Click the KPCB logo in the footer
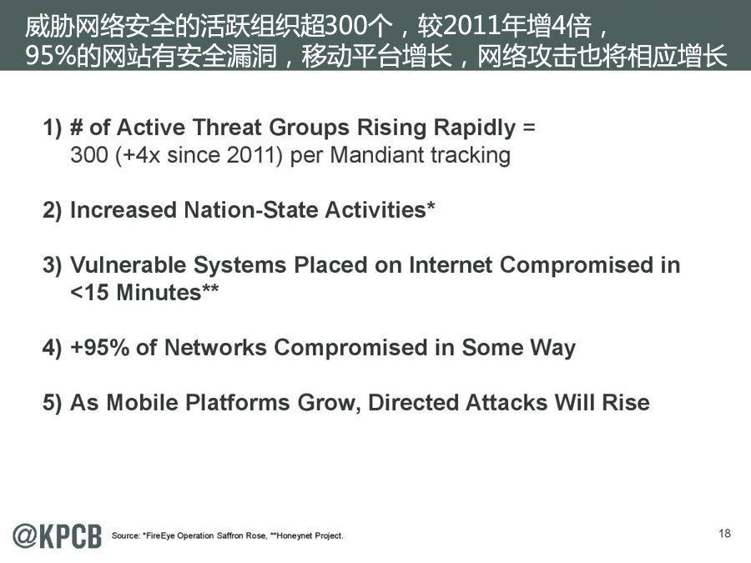pos(57,535)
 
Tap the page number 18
pos(724,533)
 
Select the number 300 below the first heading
pos(89,155)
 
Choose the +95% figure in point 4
pos(99,347)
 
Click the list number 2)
pos(53,211)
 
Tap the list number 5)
pos(53,403)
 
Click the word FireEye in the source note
pos(159,535)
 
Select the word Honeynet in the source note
pos(294,535)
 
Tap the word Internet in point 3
pos(451,264)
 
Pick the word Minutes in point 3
pos(159,293)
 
